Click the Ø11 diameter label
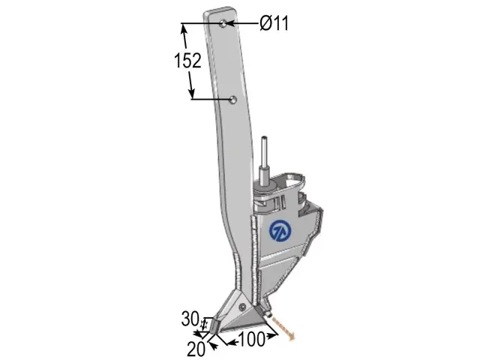(274, 23)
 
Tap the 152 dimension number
(187, 60)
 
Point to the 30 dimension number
(190, 319)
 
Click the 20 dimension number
(196, 349)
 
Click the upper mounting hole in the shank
(224, 23)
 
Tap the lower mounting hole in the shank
(233, 100)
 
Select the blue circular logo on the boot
(280, 232)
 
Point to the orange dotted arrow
(283, 328)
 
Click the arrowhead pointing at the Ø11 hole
(230, 23)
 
